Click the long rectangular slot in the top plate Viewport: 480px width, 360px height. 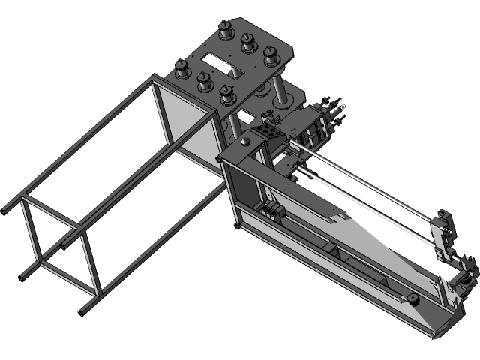(223, 58)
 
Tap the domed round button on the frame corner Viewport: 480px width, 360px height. (247, 141)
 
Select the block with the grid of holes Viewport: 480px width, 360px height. (267, 134)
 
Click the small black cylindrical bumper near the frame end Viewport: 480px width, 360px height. (413, 301)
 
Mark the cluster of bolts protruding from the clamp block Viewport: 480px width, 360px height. (330, 109)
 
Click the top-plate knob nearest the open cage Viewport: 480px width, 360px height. (180, 71)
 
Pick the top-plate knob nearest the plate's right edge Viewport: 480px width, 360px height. (271, 55)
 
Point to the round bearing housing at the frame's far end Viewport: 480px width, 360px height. (463, 281)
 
